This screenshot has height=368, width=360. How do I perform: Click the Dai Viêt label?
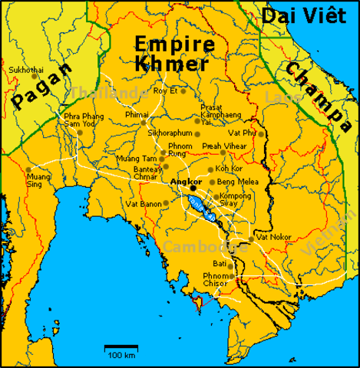coord(306,15)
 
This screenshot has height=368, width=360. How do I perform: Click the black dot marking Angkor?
coord(193,187)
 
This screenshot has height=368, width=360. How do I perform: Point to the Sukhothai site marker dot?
coord(35,75)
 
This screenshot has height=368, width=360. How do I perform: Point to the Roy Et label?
coord(165,90)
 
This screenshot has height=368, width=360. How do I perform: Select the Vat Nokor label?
coord(273,238)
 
